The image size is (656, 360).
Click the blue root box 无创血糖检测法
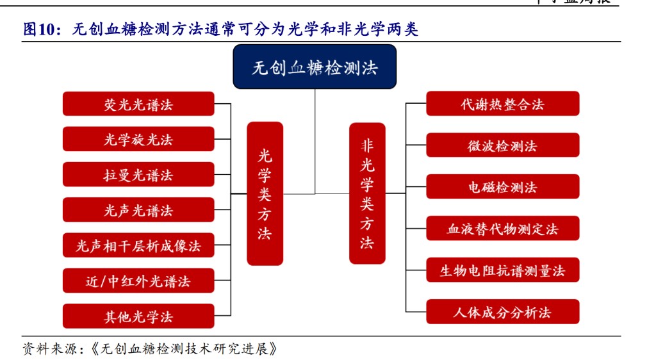[x=315, y=67]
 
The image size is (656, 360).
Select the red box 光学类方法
[x=265, y=193]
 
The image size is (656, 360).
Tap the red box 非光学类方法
[x=367, y=193]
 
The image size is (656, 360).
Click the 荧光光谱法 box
[x=138, y=104]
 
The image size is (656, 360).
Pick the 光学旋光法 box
[x=138, y=139]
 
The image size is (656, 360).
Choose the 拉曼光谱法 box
[x=138, y=175]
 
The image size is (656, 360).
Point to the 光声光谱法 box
[x=138, y=210]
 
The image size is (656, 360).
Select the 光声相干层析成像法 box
[x=138, y=245]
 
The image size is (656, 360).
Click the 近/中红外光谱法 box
[x=138, y=281]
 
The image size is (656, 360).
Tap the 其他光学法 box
[x=138, y=316]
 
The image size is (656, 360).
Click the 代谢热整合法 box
[x=502, y=104]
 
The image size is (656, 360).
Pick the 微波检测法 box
[x=502, y=145]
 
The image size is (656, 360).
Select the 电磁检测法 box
[x=502, y=187]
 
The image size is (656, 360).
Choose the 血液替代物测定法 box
[x=502, y=229]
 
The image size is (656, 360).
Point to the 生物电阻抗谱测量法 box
[x=502, y=270]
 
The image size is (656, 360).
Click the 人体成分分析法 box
[x=502, y=312]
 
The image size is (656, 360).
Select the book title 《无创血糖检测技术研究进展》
[x=186, y=349]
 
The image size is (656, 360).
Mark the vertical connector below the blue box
[x=315, y=141]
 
